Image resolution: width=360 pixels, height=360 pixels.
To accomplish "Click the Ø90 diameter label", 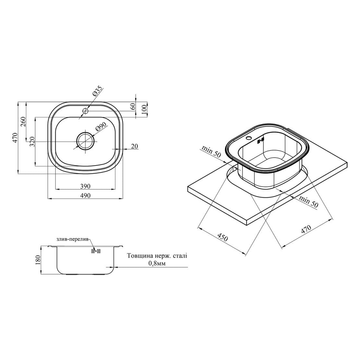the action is [x=101, y=126].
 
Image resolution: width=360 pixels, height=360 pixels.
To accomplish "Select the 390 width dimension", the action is [x=85, y=186].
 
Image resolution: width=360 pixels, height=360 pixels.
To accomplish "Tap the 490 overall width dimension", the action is [x=85, y=195].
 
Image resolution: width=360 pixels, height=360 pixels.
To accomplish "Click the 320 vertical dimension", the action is [x=32, y=142].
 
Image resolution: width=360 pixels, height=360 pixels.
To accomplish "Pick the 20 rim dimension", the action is [x=135, y=146].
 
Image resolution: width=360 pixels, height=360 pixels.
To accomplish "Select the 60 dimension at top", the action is [x=132, y=106].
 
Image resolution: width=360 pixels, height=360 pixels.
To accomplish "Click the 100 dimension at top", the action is [x=144, y=110].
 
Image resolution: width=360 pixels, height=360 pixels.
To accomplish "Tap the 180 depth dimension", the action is [x=38, y=260].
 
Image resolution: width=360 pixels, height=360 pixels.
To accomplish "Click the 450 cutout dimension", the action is [x=223, y=237].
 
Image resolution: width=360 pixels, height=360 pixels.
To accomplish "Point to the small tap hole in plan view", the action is [x=85, y=111].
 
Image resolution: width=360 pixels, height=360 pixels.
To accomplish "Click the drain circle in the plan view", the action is [x=85, y=141].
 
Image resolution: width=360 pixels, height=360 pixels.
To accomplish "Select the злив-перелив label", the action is [x=72, y=239].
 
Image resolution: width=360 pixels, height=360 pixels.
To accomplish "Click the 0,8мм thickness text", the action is [x=157, y=263].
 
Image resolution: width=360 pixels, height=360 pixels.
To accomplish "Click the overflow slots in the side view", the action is [x=96, y=251].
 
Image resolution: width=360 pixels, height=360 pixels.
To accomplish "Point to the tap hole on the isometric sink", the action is [x=248, y=138].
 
